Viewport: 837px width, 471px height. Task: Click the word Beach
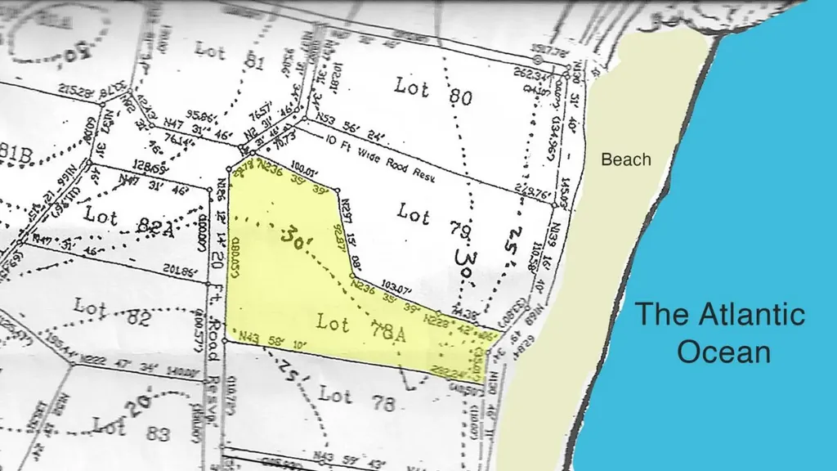[x=626, y=159]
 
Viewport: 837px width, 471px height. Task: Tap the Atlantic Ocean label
[x=720, y=333]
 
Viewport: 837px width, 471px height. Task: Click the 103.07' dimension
[x=396, y=289]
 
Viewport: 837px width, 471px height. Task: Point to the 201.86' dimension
[x=181, y=270]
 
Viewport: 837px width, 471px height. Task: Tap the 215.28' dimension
[x=78, y=92]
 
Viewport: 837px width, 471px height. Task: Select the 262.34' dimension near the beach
[x=529, y=73]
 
